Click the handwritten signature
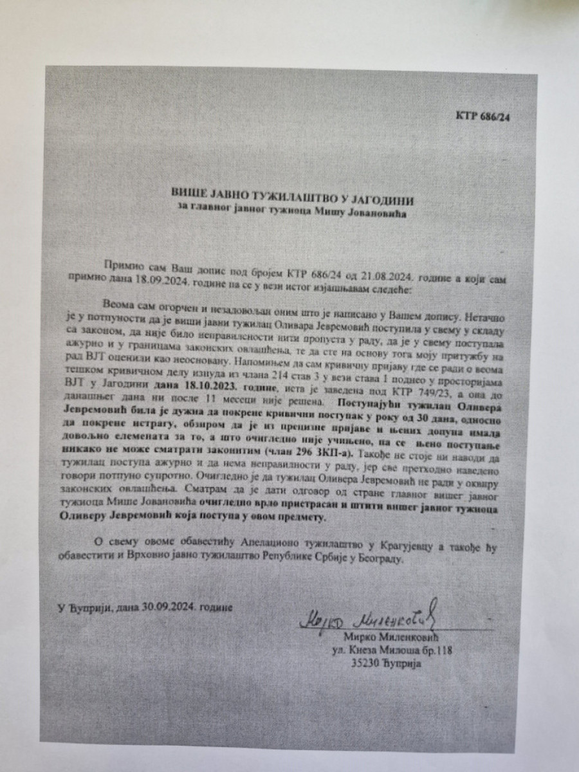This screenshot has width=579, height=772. click(x=367, y=619)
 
